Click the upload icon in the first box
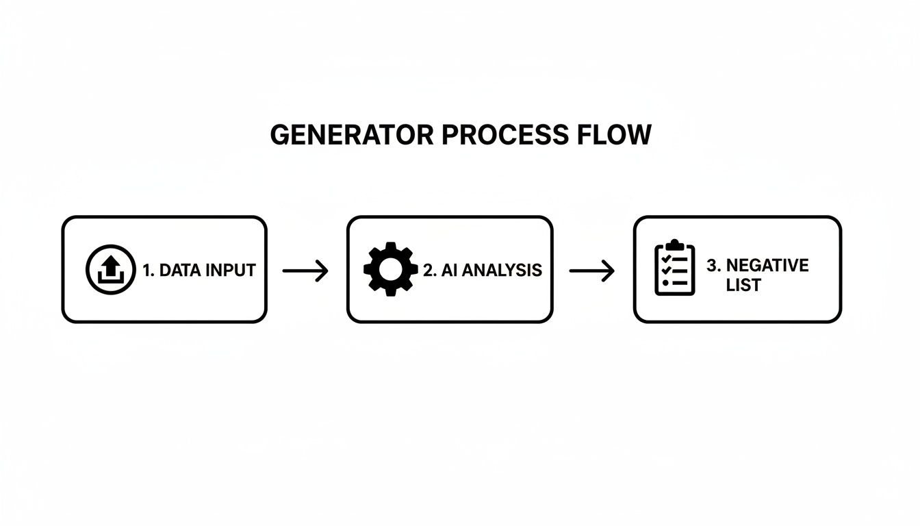point(111,269)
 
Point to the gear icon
point(390,269)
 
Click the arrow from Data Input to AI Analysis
point(306,271)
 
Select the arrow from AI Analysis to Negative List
point(592,271)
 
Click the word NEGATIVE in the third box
point(767,265)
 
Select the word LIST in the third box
point(743,285)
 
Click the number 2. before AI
point(430,271)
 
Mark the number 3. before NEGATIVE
point(713,265)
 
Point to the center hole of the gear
point(390,269)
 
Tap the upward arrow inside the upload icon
point(111,264)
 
